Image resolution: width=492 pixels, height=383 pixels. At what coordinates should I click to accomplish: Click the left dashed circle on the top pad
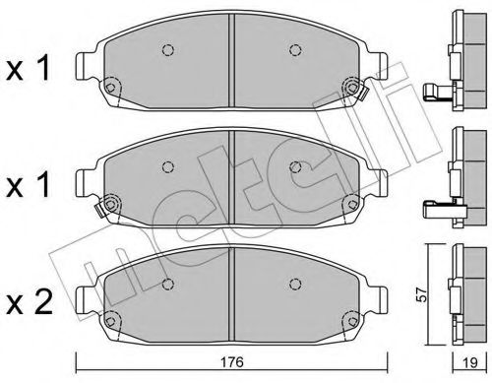pyautogui.click(x=166, y=50)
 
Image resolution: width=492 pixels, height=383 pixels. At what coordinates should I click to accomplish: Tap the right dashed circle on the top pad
pyautogui.click(x=294, y=50)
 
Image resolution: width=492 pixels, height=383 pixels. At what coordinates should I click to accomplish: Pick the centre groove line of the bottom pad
pyautogui.click(x=230, y=286)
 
